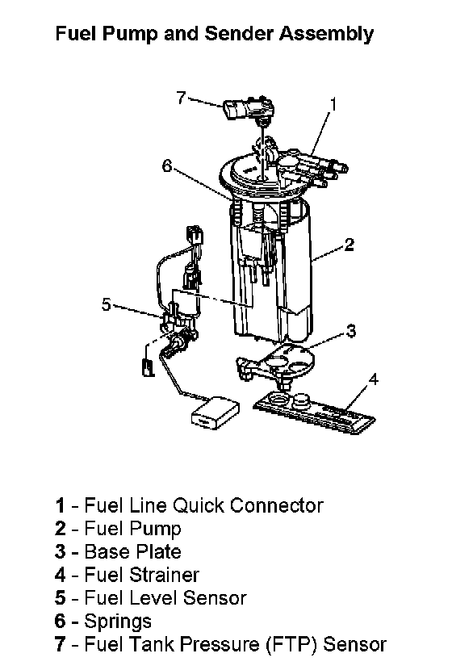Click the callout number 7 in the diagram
click(x=181, y=98)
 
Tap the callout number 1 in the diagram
click(x=333, y=104)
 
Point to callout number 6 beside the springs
click(x=166, y=165)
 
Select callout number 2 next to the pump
click(x=349, y=245)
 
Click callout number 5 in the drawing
click(x=106, y=304)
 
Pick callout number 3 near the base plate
click(x=350, y=330)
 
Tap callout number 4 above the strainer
click(x=373, y=379)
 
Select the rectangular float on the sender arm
click(x=215, y=412)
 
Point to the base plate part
click(x=276, y=364)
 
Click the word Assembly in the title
click(x=326, y=34)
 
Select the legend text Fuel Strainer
click(x=142, y=575)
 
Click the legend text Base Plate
click(x=133, y=551)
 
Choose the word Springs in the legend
click(x=118, y=622)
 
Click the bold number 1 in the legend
click(x=60, y=505)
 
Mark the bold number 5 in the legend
click(x=61, y=598)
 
